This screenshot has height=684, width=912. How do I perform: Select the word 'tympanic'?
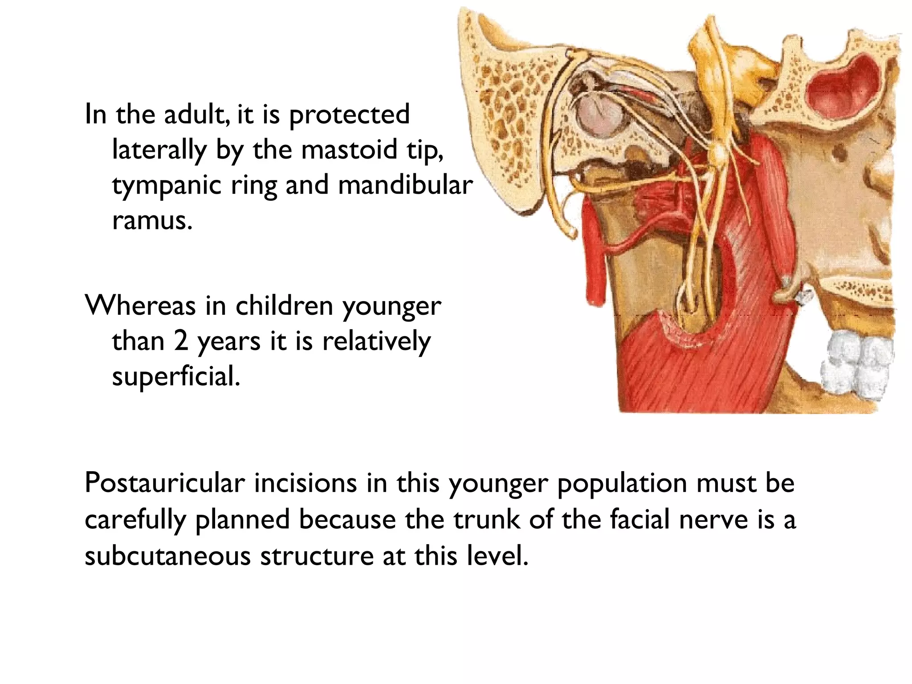(x=166, y=186)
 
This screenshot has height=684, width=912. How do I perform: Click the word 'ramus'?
(x=152, y=220)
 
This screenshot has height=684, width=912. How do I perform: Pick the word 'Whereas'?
(x=140, y=306)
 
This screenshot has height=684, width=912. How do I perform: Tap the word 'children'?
(x=284, y=306)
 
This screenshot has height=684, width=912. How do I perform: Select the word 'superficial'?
(x=175, y=377)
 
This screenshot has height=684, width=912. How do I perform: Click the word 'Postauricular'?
(x=165, y=483)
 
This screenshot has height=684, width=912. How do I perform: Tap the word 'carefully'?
(x=135, y=520)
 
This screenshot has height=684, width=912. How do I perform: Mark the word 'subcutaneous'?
(x=167, y=556)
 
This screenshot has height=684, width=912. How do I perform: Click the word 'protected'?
(x=349, y=114)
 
